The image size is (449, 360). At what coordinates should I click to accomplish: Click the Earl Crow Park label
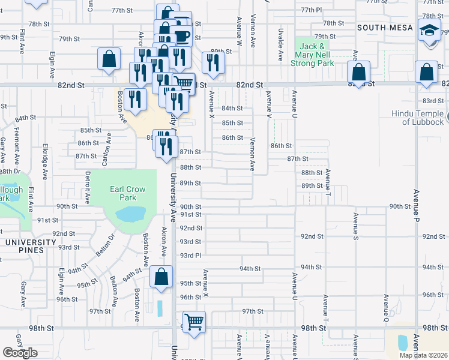click(x=127, y=193)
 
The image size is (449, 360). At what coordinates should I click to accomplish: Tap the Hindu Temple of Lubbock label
click(x=415, y=118)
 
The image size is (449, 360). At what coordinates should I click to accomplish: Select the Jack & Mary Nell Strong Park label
click(x=313, y=55)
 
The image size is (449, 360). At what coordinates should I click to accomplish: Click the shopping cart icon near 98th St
click(x=194, y=322)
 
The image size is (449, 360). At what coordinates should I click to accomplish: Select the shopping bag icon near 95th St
click(x=160, y=277)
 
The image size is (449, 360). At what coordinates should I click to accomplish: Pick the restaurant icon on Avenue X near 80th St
click(x=212, y=62)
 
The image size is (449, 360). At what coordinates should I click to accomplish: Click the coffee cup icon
click(x=182, y=37)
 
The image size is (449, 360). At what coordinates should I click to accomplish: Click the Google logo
click(x=20, y=353)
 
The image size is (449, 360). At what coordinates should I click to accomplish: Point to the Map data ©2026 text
click(x=423, y=355)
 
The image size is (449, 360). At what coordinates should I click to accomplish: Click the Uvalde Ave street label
click(x=280, y=44)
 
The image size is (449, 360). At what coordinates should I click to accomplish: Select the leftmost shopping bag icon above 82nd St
click(x=109, y=59)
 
